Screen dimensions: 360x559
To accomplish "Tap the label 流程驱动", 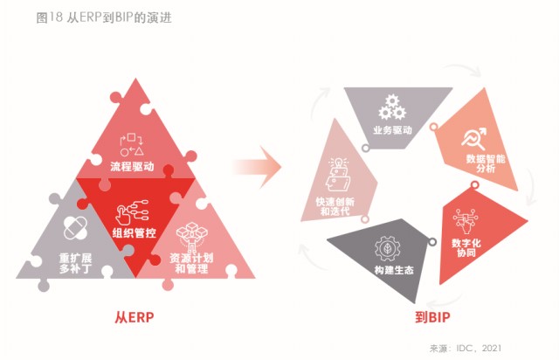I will pyautogui.click(x=133, y=165).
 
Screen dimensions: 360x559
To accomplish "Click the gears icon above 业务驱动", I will pyautogui.click(x=390, y=109).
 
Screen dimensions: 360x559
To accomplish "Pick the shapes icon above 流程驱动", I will pyautogui.click(x=132, y=144).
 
